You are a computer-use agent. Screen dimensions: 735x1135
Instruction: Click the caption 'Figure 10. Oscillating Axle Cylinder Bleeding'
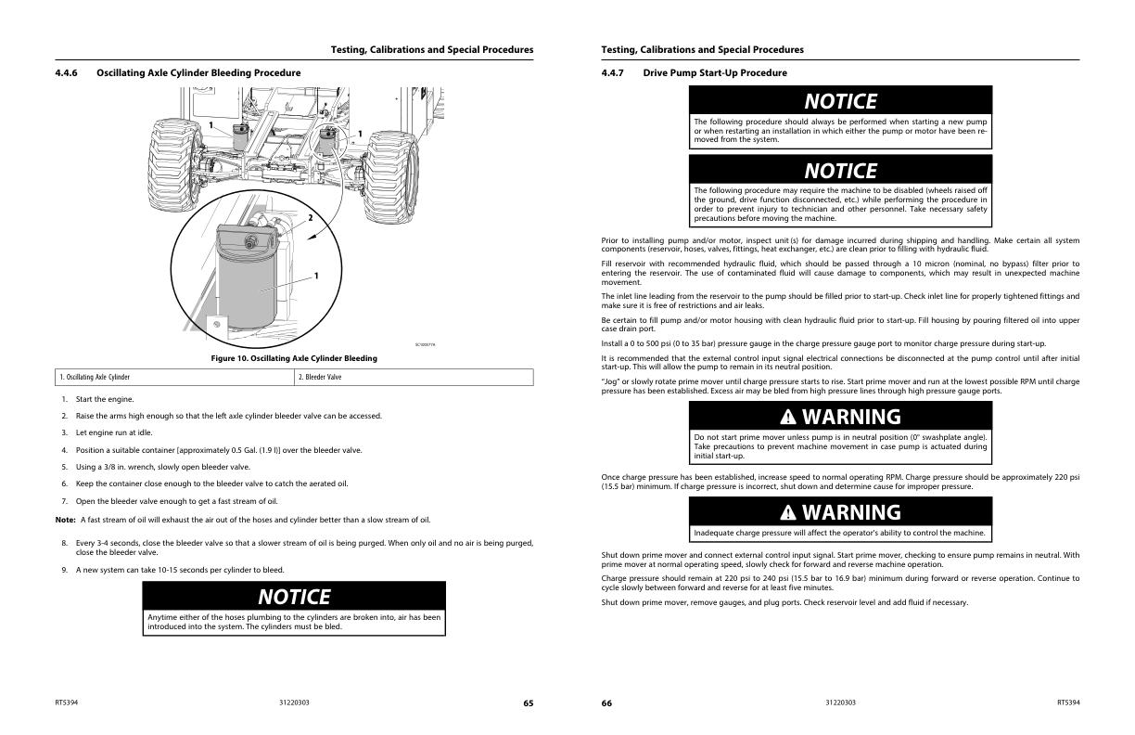tap(294, 358)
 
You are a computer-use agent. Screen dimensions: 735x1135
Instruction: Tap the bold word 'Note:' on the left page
tap(65, 520)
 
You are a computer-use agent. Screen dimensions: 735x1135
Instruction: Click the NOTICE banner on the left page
tap(294, 596)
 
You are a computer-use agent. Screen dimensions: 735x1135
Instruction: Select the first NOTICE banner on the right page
tap(840, 101)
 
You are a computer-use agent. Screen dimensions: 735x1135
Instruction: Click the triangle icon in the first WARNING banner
tap(788, 417)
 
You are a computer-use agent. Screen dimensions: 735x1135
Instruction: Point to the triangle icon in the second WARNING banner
tap(788, 512)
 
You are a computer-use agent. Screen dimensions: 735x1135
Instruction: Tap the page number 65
tap(528, 703)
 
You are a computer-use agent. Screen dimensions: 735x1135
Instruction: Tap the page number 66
tap(606, 703)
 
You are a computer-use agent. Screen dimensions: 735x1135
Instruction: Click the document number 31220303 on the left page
tap(294, 703)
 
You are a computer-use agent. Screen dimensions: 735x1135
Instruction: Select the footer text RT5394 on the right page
tap(1068, 703)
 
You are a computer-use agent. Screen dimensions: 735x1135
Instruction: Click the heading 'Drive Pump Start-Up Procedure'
tap(715, 72)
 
